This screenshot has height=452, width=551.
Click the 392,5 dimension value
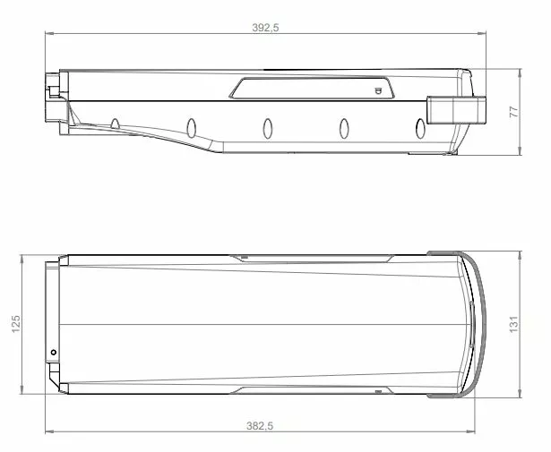(266, 28)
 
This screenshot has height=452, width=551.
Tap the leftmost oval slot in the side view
(116, 123)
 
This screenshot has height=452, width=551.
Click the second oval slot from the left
(191, 126)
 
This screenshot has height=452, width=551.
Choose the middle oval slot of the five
(267, 128)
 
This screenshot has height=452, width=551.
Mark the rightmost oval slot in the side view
(419, 129)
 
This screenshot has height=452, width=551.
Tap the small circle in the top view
(54, 352)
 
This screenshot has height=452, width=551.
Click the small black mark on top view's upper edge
(244, 257)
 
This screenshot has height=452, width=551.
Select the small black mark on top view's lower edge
(379, 391)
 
